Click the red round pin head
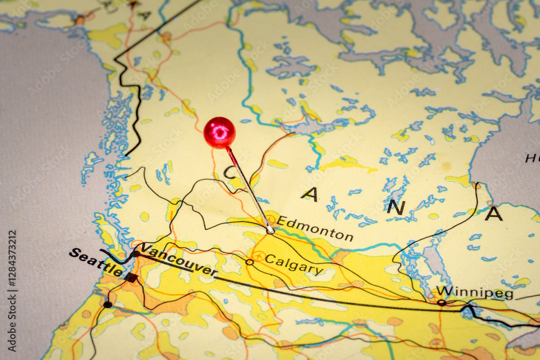click(x=219, y=132)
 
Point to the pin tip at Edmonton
click(x=272, y=232)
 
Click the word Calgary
click(x=294, y=264)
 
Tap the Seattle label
click(x=96, y=261)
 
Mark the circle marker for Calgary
click(x=249, y=262)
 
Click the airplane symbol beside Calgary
click(x=259, y=256)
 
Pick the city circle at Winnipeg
click(x=441, y=303)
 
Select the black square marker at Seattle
click(x=131, y=277)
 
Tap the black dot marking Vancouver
click(x=136, y=253)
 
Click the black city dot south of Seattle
click(x=107, y=304)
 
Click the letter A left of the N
click(x=310, y=194)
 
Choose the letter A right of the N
click(x=494, y=214)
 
